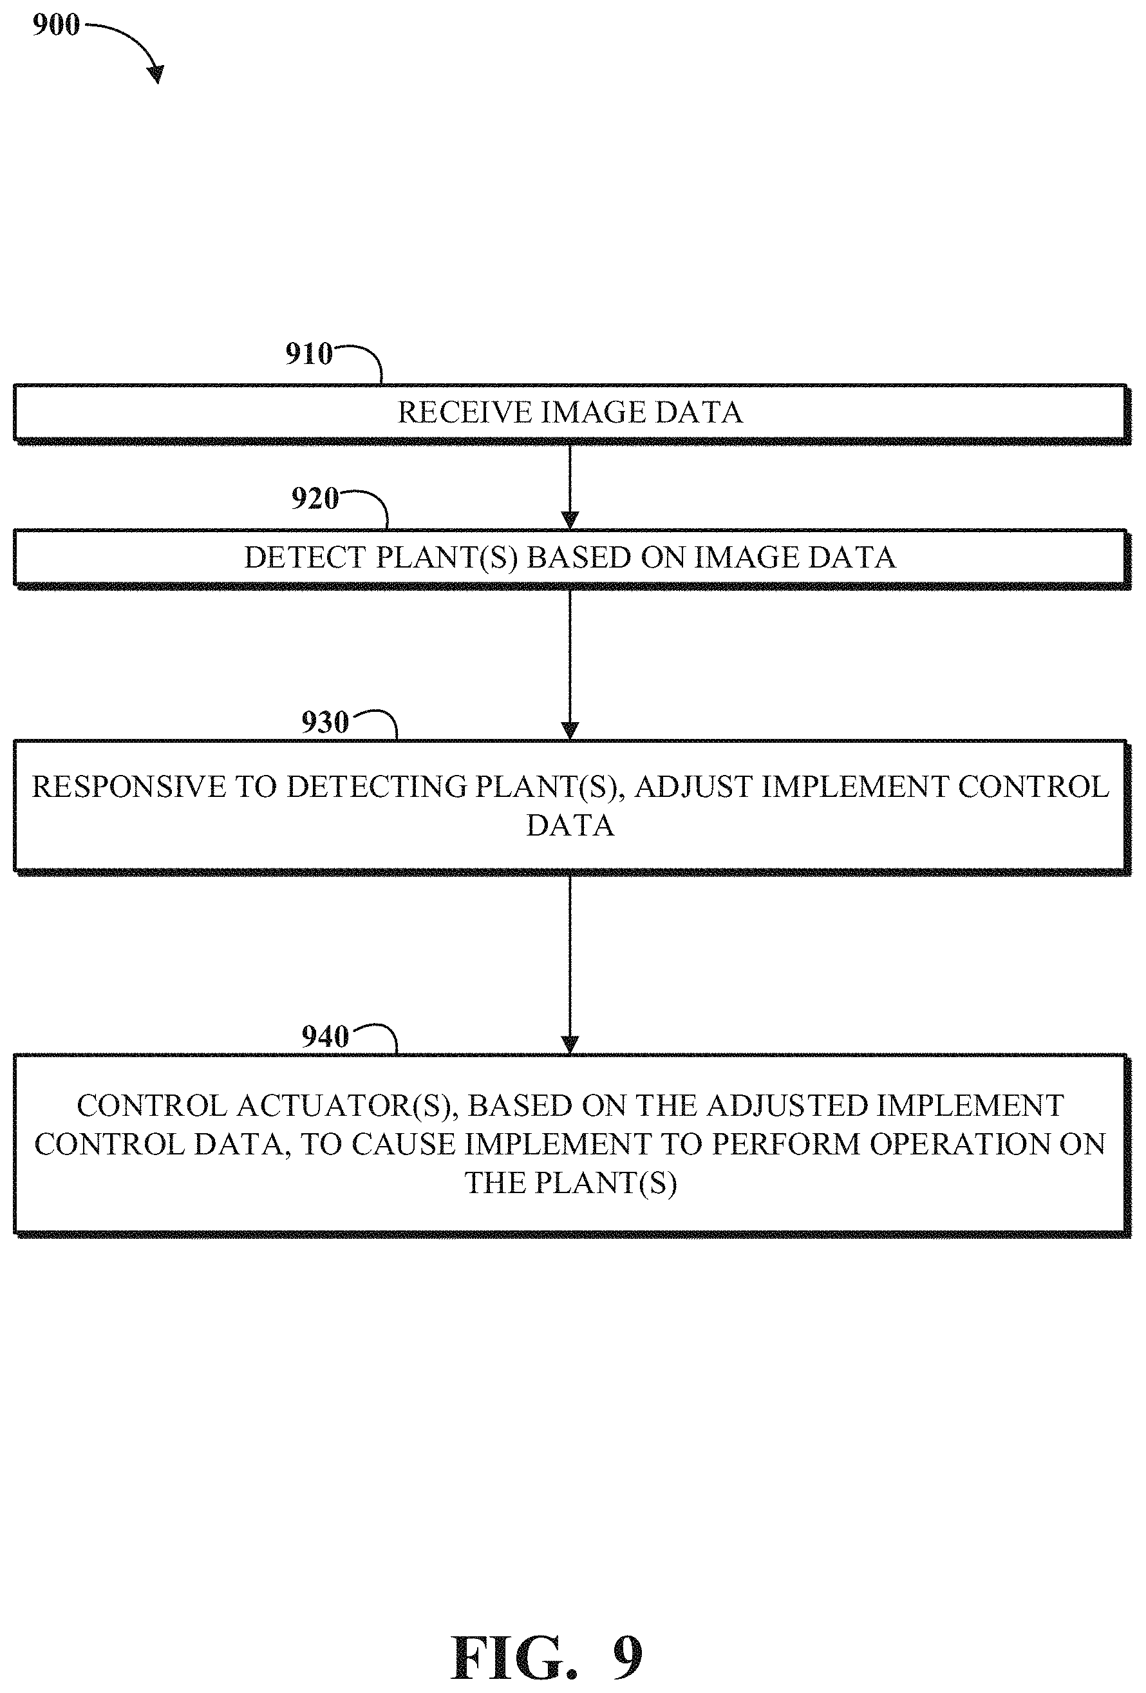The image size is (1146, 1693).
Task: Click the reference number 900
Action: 56,24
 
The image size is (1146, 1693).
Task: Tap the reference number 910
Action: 308,354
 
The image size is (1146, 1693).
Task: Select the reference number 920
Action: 315,499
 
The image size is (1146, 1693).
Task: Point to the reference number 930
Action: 324,723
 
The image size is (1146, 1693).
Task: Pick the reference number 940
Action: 324,1037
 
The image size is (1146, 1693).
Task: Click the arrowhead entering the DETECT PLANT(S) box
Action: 570,520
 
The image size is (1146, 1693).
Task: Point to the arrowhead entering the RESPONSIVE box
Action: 570,731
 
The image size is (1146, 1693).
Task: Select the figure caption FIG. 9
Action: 547,1658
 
